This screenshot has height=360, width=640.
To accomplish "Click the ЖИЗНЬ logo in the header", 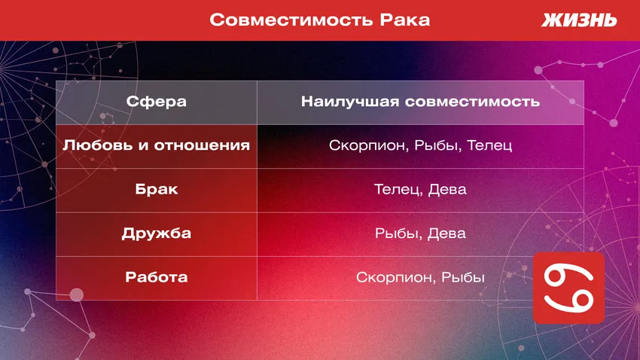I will click(579, 20).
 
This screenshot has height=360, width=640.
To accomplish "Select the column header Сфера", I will click(157, 102).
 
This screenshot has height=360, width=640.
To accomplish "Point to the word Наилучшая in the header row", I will click(349, 102).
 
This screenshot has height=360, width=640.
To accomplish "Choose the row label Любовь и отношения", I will click(157, 145).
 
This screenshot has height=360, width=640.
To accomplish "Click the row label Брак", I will click(157, 189).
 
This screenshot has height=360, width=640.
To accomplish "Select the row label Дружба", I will click(157, 233).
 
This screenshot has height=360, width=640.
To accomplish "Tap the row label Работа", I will click(157, 277).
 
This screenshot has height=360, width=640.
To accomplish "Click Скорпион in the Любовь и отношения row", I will click(367, 145).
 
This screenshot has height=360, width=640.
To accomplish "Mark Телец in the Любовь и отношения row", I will click(489, 145).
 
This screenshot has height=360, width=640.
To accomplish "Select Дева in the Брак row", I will click(447, 189).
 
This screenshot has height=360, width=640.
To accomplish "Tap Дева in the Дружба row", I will click(447, 233).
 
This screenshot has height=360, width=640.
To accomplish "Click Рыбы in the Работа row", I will click(463, 277).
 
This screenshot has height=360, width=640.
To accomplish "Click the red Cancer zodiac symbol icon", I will click(568, 288).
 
